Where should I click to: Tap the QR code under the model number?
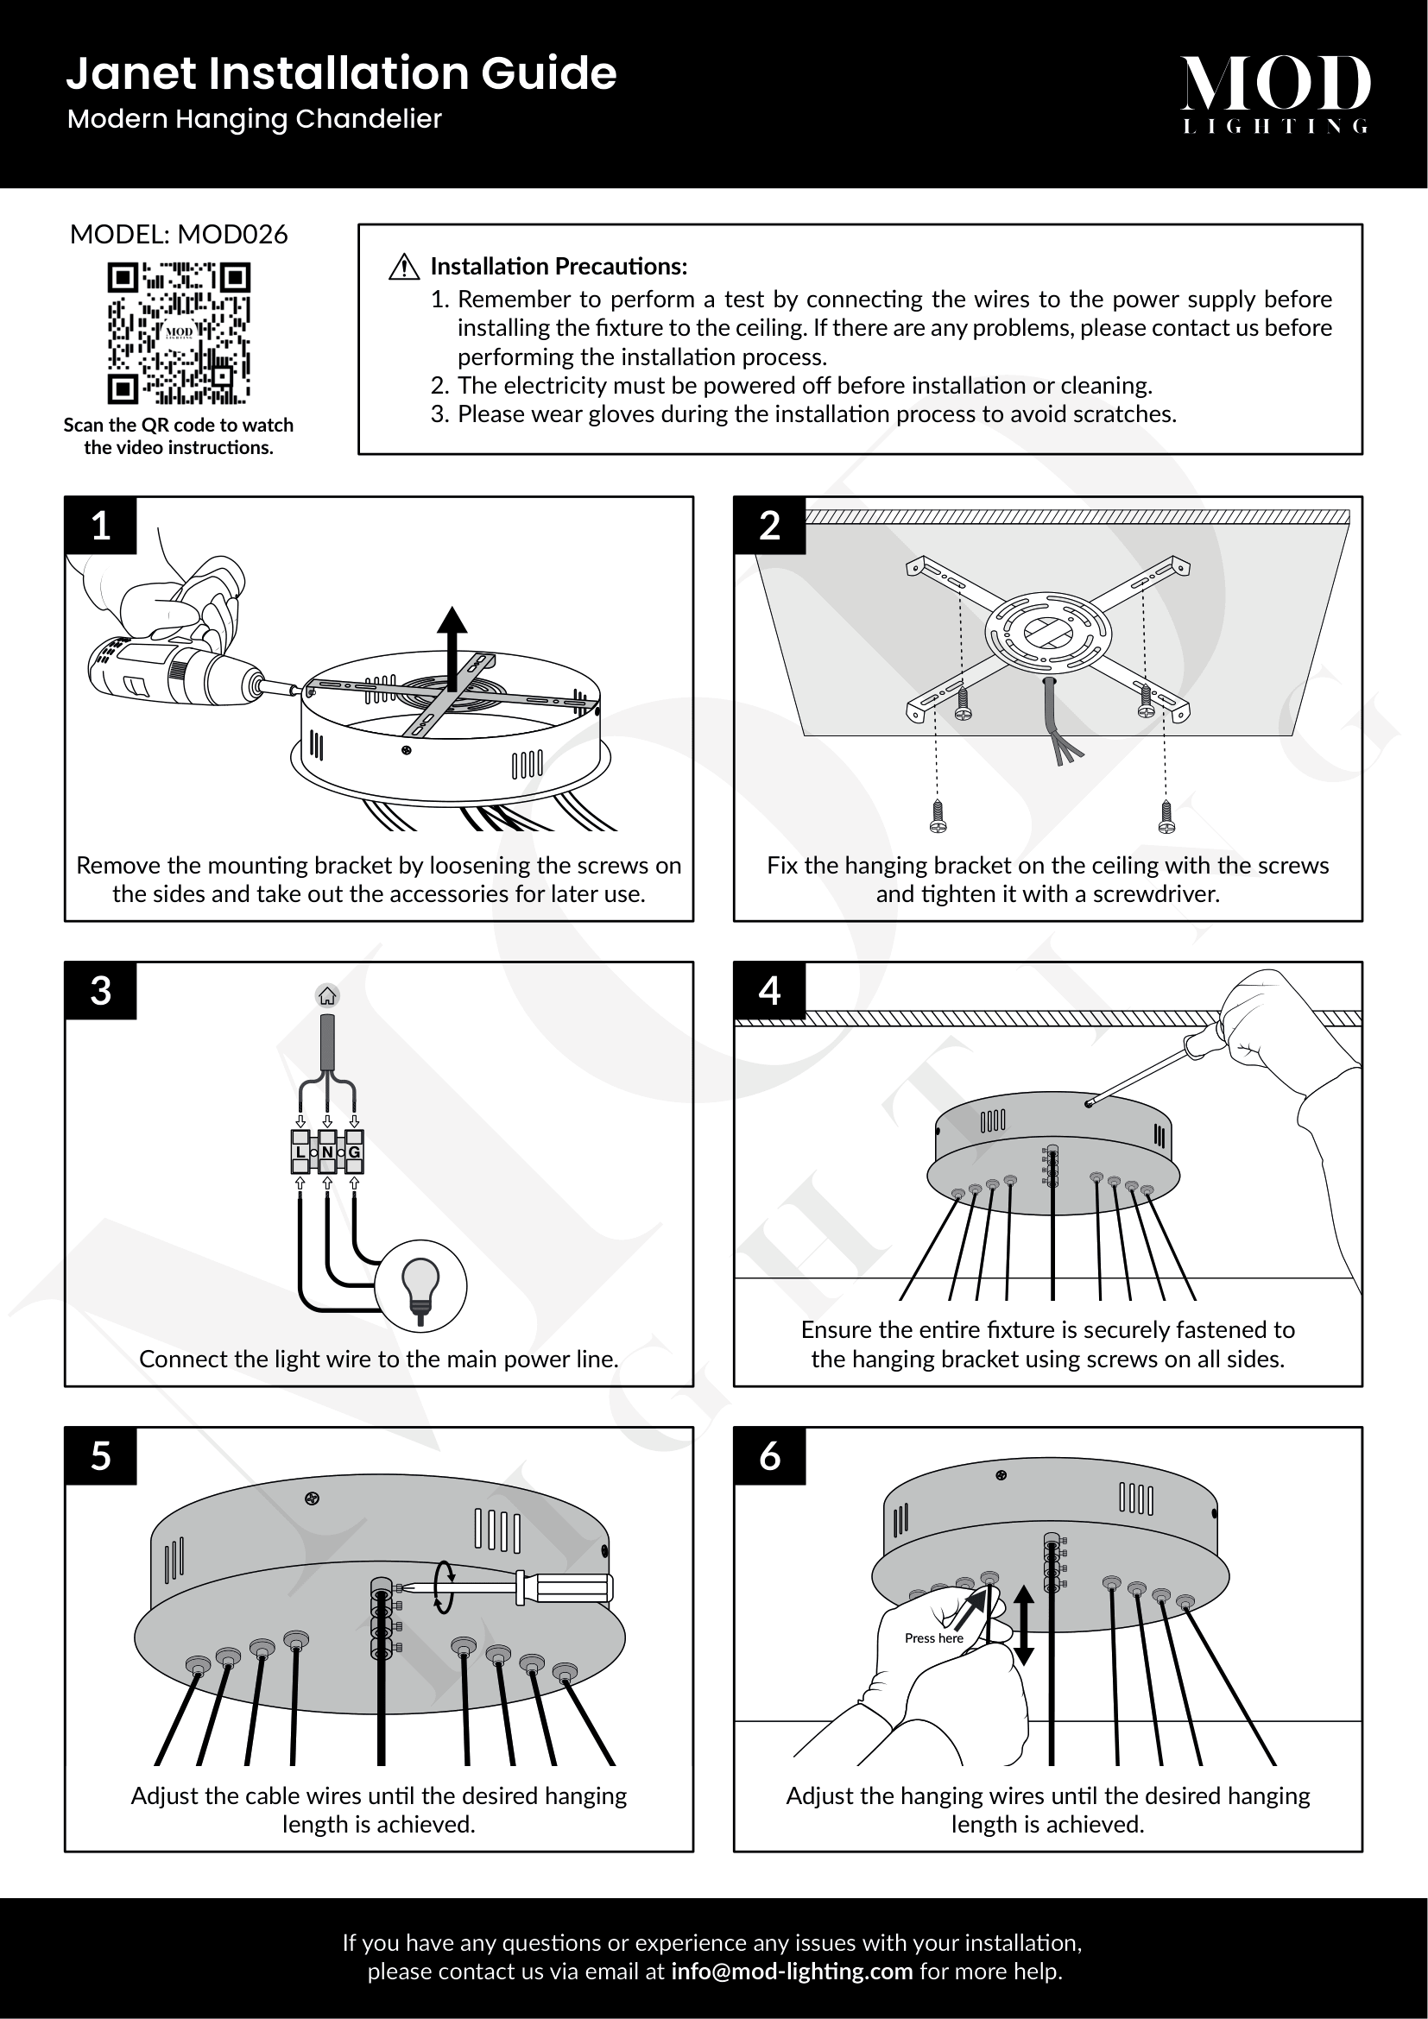(x=179, y=332)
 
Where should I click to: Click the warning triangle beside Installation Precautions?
(x=403, y=267)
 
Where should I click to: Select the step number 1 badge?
(x=101, y=526)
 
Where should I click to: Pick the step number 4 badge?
(x=769, y=991)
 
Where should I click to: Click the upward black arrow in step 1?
(x=453, y=647)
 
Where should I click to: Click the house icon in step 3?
(x=327, y=996)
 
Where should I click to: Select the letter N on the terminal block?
(x=327, y=1152)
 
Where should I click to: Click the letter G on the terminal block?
(x=354, y=1152)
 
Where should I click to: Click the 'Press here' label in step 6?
(x=934, y=1638)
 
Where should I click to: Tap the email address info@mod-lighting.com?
(x=792, y=1972)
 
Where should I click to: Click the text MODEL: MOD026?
(x=179, y=235)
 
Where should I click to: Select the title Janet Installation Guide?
(x=341, y=74)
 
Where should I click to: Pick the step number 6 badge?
(x=769, y=1456)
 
